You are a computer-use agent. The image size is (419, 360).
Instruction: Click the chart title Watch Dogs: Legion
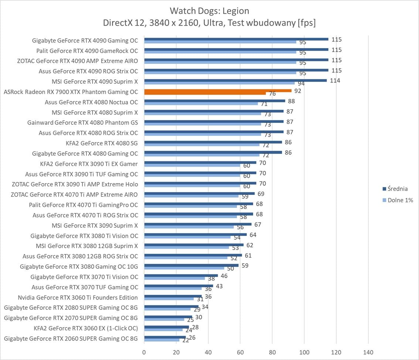tap(209, 10)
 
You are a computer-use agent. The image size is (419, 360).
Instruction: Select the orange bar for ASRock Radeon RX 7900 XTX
tap(218, 91)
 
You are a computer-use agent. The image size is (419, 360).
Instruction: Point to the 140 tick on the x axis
tap(368, 352)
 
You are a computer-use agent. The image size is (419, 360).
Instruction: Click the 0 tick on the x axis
tap(144, 352)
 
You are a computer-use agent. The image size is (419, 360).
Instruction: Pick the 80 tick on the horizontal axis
tap(272, 352)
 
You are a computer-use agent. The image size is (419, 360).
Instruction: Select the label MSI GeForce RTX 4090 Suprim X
tap(95, 81)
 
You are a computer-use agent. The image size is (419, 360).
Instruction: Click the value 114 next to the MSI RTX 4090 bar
tap(335, 80)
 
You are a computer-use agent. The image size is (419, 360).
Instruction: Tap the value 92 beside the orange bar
tap(298, 91)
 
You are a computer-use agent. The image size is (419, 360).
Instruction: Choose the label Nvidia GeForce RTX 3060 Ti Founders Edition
tap(78, 298)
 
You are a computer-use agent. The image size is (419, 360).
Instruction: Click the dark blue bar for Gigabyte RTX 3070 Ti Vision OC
tap(181, 275)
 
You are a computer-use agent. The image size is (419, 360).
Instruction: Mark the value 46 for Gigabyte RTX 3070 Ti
tap(224, 276)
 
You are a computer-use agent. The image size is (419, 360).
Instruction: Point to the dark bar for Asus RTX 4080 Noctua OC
tap(214, 101)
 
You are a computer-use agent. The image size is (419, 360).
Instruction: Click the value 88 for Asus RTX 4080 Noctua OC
tap(292, 101)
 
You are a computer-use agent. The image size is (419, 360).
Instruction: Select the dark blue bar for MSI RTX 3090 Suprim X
tap(198, 224)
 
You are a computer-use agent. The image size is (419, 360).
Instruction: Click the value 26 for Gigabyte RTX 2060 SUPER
tap(192, 337)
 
